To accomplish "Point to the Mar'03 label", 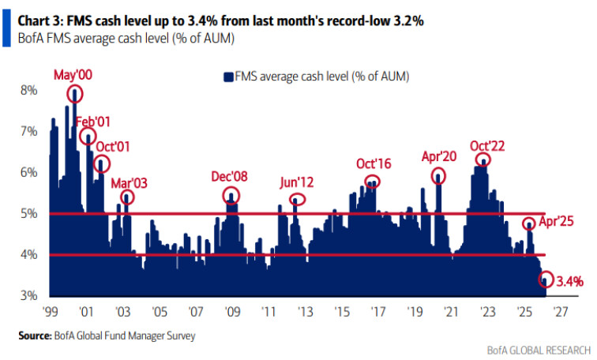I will click(x=130, y=182).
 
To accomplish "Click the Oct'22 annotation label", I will click(x=486, y=145).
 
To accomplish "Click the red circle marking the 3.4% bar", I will click(x=546, y=279).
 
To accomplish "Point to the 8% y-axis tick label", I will click(x=28, y=90).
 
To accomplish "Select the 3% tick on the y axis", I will click(x=28, y=295).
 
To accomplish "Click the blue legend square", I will click(x=228, y=77).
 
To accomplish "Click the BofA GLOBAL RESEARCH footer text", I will click(x=539, y=348).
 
